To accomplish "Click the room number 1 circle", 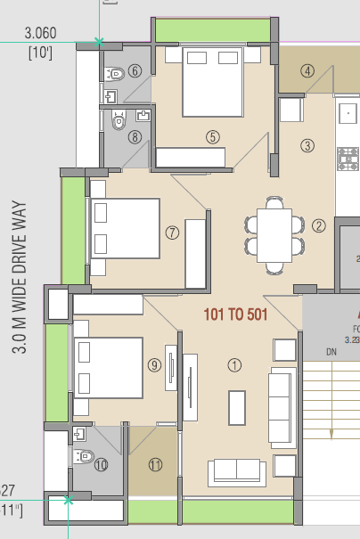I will point(235,364).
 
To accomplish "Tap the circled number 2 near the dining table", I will point(319,225).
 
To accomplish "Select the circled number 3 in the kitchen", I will point(307,145).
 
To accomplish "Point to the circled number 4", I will point(307,71).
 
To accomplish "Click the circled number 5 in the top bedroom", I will point(212,136).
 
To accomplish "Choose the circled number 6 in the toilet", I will point(135,71).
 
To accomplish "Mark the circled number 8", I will point(135,136).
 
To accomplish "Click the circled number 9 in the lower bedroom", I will point(154,364).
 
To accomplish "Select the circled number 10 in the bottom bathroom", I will point(101,463).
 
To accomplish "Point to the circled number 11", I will point(156,463).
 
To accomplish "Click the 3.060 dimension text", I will point(41,33).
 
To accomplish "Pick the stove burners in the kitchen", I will point(348,159).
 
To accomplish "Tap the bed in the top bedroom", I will point(212,80).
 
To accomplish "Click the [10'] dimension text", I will point(41,51).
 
